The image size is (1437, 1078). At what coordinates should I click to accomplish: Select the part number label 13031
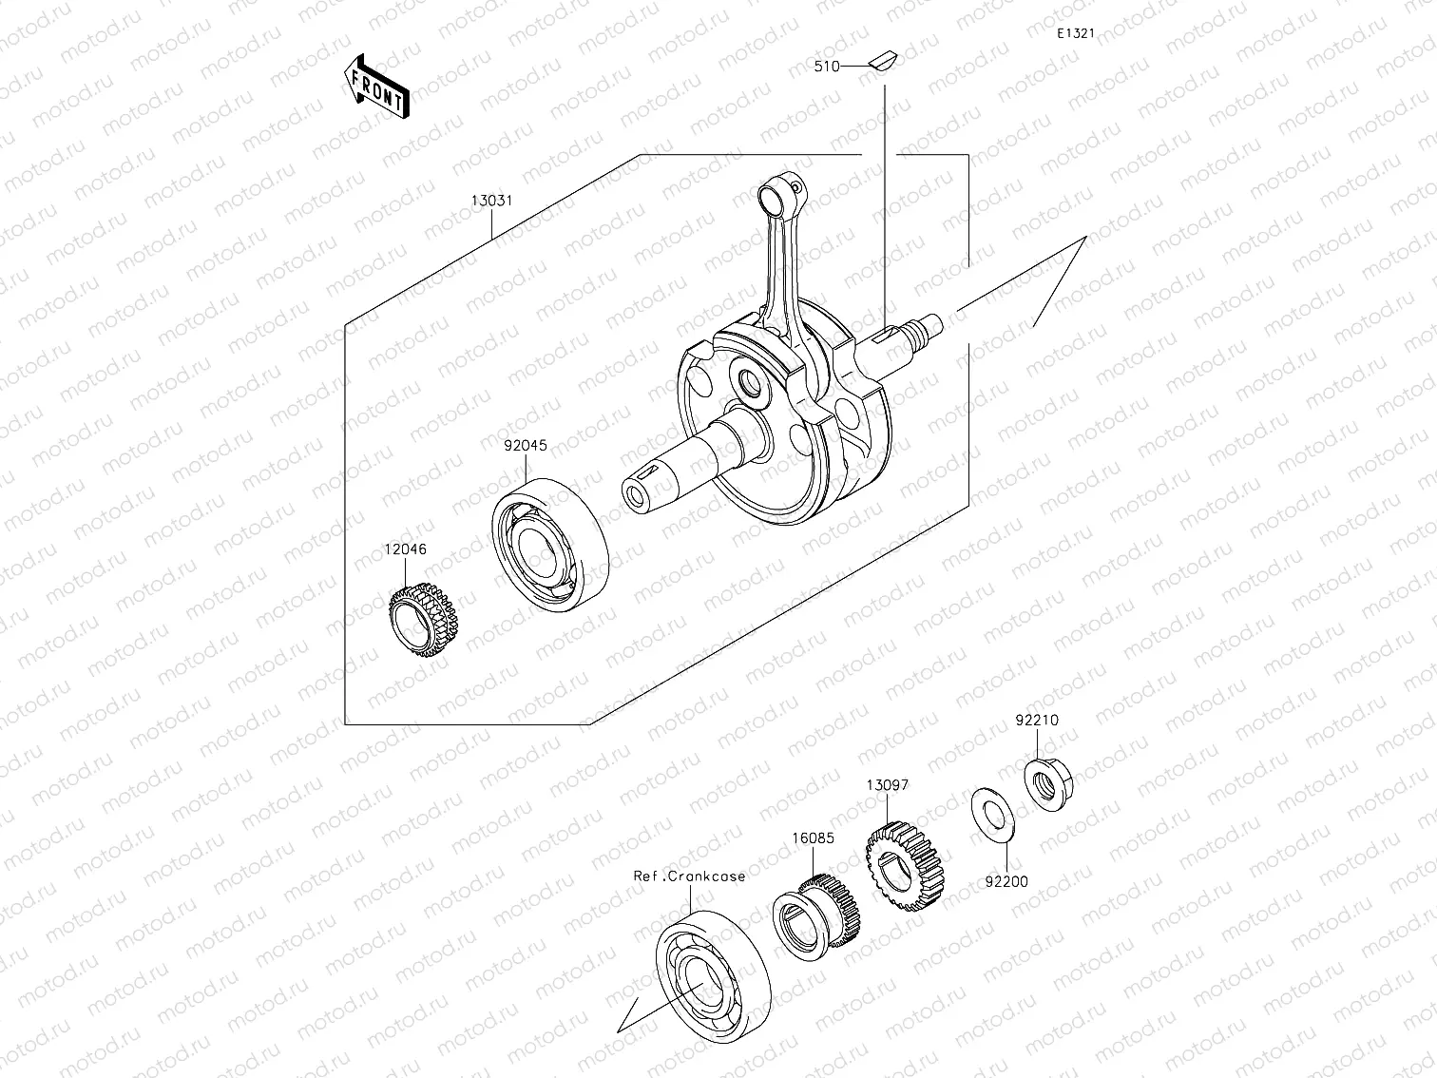coord(491,202)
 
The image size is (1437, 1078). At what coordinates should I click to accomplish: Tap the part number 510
coord(826,67)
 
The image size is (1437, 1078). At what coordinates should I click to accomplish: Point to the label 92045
coord(525,445)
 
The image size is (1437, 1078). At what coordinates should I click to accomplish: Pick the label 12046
coord(405,549)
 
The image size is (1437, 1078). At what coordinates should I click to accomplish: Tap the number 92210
coord(1036,721)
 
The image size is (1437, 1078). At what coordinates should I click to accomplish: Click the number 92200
coord(1006,881)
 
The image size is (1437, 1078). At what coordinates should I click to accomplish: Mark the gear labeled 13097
coord(907,867)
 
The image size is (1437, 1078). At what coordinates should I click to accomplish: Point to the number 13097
coord(887,785)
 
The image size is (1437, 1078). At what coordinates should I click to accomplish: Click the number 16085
coord(814,838)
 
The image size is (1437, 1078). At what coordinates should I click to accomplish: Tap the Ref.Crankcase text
coord(690,876)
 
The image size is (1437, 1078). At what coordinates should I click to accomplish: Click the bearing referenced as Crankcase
coord(712,971)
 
